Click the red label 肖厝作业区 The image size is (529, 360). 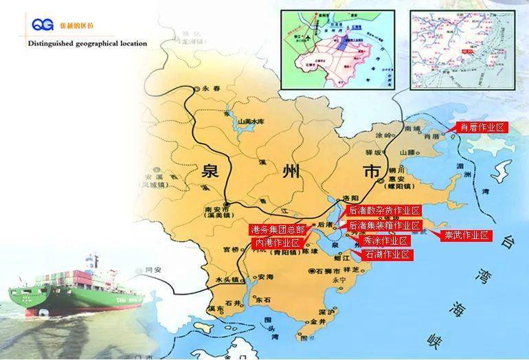click(483, 127)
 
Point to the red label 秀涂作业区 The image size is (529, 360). click(386, 240)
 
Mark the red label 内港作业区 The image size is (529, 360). click(278, 243)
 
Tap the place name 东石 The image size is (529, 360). click(262, 300)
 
